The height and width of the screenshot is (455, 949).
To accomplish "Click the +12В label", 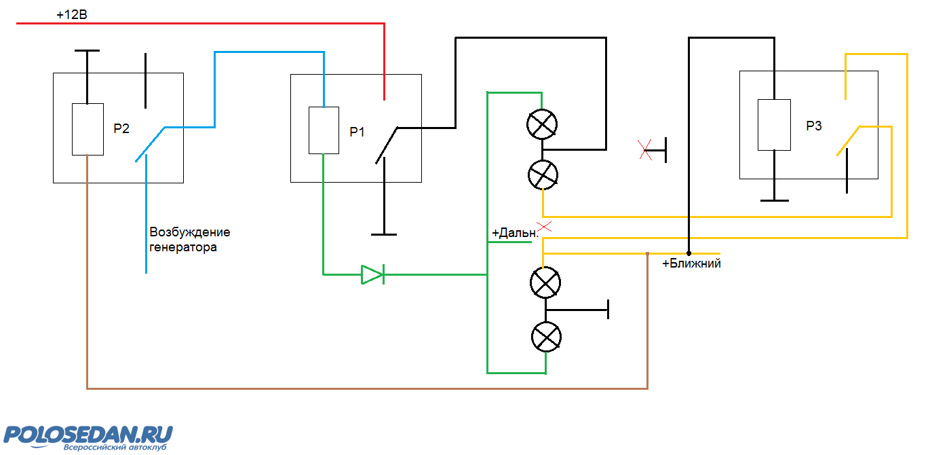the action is tap(72, 14).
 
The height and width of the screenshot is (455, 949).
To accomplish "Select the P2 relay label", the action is tap(121, 128).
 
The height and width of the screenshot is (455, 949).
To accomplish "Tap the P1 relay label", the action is tap(357, 132).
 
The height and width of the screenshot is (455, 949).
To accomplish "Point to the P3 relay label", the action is tap(813, 126).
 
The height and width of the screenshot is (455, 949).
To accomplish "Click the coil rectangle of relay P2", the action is tap(88, 129).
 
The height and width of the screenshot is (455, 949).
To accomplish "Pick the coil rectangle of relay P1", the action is tap(324, 130).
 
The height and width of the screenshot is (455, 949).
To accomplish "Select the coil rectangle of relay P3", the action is tap(774, 125).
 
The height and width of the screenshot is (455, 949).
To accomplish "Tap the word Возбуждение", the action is tap(190, 232).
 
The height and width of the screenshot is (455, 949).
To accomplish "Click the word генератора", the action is tap(183, 247).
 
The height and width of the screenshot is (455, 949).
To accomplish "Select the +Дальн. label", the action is tap(515, 232).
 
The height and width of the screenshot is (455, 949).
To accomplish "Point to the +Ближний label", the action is tap(691, 263).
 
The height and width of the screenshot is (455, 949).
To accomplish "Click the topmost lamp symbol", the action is tap(542, 124).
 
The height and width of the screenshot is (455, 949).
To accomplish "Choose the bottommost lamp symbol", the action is tap(547, 337).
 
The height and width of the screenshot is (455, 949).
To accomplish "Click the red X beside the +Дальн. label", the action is tap(544, 226).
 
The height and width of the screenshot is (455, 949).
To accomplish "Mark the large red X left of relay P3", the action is tap(645, 149).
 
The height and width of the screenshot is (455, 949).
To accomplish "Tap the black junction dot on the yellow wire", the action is tap(689, 253).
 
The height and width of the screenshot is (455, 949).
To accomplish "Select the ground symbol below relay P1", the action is tap(384, 234).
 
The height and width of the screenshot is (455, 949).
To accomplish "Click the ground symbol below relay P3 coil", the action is tap(775, 200).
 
